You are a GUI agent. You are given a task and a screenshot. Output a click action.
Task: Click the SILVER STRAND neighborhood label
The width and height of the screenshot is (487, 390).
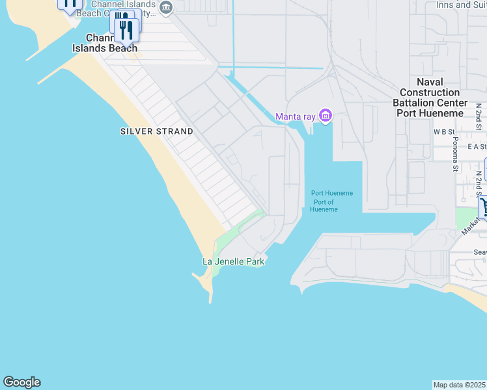point(156,131)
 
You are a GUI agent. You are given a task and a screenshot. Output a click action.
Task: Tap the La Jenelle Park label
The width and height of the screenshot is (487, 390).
point(233,261)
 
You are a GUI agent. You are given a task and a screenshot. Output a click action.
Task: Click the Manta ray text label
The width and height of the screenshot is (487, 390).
point(295,117)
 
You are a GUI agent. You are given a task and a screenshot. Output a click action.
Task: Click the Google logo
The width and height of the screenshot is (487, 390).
point(21,382)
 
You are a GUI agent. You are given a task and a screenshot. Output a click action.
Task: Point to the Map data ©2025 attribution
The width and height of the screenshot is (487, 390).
point(460,385)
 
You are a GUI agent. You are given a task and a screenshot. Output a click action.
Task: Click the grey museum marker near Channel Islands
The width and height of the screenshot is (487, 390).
point(166,8)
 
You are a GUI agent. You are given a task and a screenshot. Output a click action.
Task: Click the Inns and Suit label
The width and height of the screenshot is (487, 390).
point(462,5)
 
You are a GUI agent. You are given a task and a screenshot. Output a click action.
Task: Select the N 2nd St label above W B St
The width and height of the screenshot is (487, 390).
point(479,113)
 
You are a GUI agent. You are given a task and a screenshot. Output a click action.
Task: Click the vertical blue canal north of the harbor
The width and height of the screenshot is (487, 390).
point(233,32)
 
